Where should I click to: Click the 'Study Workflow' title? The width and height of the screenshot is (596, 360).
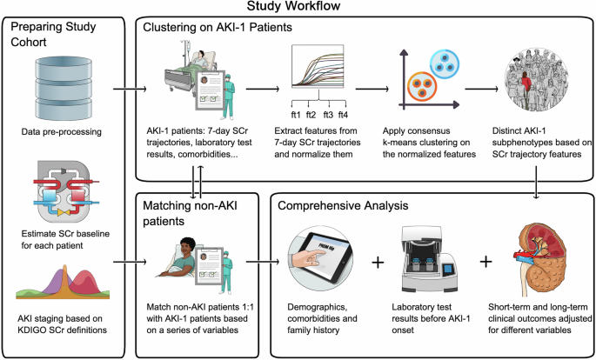click(x=298, y=7)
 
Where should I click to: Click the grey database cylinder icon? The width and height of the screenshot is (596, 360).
click(x=63, y=83)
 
